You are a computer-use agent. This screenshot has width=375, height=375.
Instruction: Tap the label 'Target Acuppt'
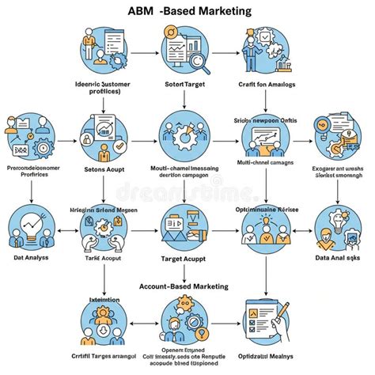coord(184,258)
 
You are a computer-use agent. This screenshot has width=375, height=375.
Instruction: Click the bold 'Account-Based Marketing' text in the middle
coord(184,286)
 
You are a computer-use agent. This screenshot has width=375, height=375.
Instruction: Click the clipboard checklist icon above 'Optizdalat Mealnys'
coord(263,323)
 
